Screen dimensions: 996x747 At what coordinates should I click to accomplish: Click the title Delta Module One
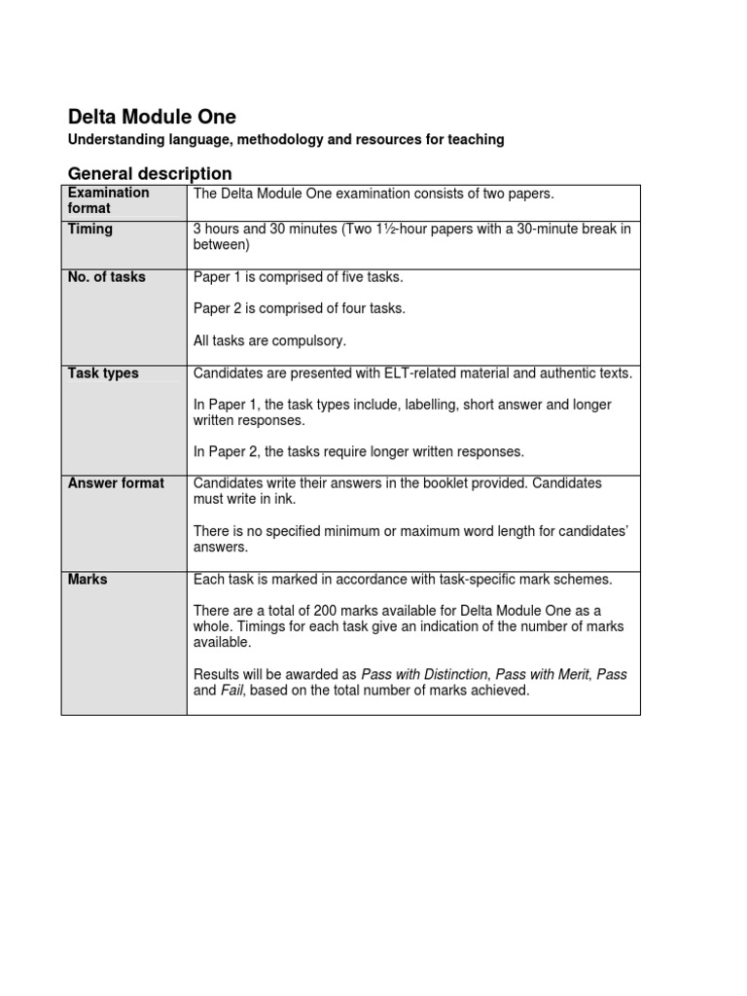tap(152, 117)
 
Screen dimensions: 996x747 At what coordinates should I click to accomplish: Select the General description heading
tap(150, 174)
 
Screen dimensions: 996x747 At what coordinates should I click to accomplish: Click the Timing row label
tap(89, 230)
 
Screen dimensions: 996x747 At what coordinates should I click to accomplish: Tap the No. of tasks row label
tap(106, 277)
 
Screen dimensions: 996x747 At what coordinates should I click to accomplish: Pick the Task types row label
tap(103, 373)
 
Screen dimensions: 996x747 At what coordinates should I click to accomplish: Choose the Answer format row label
tap(116, 483)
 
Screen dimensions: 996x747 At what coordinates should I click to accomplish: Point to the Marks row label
tap(88, 580)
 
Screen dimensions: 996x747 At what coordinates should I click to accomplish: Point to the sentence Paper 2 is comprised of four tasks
tap(300, 308)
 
